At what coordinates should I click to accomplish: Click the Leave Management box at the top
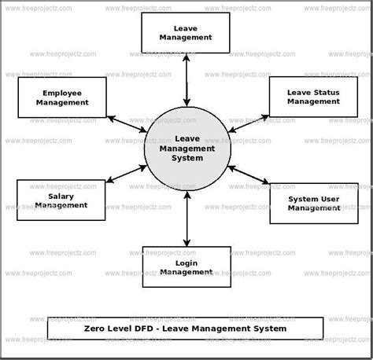(x=186, y=33)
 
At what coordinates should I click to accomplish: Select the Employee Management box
(x=62, y=97)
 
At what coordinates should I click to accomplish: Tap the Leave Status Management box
(x=313, y=97)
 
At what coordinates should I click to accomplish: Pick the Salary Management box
(x=61, y=200)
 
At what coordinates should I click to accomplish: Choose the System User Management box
(x=314, y=204)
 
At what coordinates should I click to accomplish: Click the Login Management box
(x=186, y=266)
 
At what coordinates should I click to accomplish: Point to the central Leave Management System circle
(x=187, y=149)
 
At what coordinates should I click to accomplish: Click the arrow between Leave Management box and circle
(x=186, y=80)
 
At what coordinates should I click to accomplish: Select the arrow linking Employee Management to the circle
(x=127, y=124)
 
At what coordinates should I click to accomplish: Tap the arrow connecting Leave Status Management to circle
(x=249, y=123)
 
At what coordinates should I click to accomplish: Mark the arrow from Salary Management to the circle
(x=126, y=174)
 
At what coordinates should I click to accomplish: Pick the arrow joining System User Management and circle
(x=248, y=174)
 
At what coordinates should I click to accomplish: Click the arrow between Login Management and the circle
(x=187, y=219)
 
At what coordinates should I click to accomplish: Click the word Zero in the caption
(x=94, y=329)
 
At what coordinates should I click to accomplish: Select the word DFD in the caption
(x=143, y=329)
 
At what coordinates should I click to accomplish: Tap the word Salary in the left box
(x=61, y=197)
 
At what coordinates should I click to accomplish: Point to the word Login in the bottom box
(x=186, y=263)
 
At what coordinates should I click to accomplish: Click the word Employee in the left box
(x=62, y=94)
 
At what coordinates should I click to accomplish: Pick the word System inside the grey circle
(x=187, y=158)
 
